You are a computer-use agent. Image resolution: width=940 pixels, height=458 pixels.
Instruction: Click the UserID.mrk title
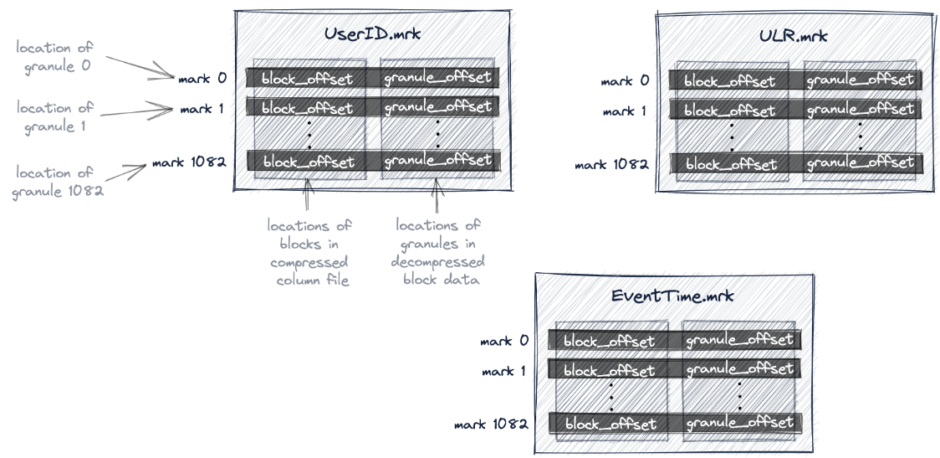(x=372, y=36)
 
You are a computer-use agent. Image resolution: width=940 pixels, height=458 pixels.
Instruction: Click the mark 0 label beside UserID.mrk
(x=202, y=79)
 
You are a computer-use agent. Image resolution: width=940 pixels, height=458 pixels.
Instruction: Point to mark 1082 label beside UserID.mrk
(x=189, y=162)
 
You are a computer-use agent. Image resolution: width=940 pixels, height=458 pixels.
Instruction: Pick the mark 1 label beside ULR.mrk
(x=625, y=111)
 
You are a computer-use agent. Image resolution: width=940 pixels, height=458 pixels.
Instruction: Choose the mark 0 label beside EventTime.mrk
(x=504, y=341)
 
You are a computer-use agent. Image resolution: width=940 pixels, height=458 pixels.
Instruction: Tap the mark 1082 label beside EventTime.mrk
(x=491, y=425)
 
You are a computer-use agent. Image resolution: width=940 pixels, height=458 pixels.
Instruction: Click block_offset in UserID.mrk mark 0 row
(x=307, y=78)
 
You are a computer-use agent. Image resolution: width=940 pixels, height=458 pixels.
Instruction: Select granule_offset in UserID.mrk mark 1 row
(x=438, y=108)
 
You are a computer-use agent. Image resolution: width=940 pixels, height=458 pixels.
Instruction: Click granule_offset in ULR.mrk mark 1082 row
(x=861, y=163)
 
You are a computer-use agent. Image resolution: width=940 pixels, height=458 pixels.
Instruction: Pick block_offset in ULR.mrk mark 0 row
(x=730, y=81)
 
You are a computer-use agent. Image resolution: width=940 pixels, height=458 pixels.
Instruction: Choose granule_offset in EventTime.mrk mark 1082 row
(x=739, y=423)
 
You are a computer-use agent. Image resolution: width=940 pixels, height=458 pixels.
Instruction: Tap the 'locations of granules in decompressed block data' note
(x=437, y=252)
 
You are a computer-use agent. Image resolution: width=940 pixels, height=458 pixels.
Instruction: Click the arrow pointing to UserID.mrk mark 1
(x=143, y=108)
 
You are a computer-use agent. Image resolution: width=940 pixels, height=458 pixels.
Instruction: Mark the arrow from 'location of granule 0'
(x=140, y=69)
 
